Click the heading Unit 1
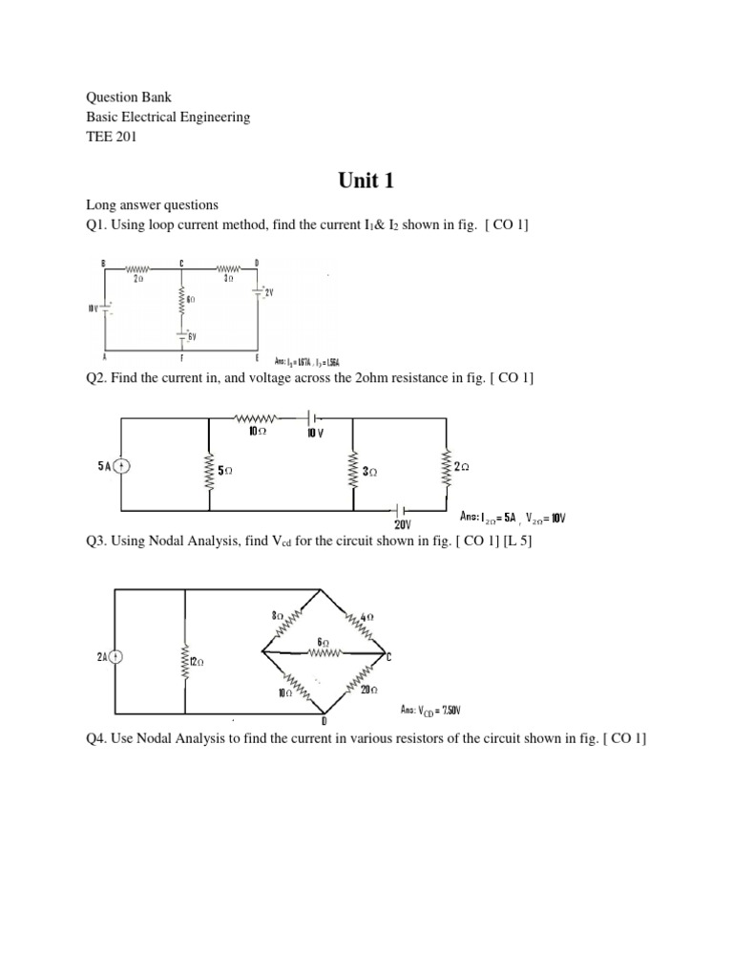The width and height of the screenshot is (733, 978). (x=366, y=181)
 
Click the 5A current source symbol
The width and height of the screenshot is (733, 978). (x=121, y=467)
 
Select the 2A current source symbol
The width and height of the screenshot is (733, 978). (x=115, y=656)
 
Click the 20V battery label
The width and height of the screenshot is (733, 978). (x=403, y=524)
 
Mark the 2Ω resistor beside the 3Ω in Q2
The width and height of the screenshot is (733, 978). (x=444, y=467)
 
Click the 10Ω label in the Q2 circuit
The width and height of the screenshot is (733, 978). (x=255, y=431)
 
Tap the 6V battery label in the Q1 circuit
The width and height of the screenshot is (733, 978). (x=191, y=335)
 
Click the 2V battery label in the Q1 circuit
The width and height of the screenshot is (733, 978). (x=268, y=293)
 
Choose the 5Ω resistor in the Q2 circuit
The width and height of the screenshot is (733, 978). (x=208, y=470)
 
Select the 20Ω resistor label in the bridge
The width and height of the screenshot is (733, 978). (x=369, y=690)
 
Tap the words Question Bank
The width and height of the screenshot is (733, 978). (x=129, y=97)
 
